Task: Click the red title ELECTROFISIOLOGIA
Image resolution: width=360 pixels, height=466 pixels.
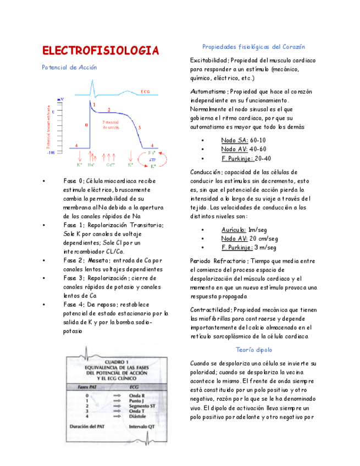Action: pos(101,51)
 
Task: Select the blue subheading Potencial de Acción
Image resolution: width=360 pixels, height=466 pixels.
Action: pos(69,68)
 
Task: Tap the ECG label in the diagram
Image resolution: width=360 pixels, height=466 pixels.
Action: pos(146,91)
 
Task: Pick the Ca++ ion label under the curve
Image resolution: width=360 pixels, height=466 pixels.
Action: pos(110,164)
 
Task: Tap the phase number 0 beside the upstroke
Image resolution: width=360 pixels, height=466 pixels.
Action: pos(86,125)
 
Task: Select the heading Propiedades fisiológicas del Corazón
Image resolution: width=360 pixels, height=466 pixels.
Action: pos(253,47)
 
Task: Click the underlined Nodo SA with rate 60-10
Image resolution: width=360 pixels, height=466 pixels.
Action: pos(234,140)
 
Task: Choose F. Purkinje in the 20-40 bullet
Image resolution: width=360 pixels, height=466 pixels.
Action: pos(237,158)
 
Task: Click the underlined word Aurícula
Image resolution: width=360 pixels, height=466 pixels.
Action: pos(233,230)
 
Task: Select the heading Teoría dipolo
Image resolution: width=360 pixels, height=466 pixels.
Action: pos(253,349)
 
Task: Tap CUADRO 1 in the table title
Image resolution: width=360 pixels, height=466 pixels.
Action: pos(116,362)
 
